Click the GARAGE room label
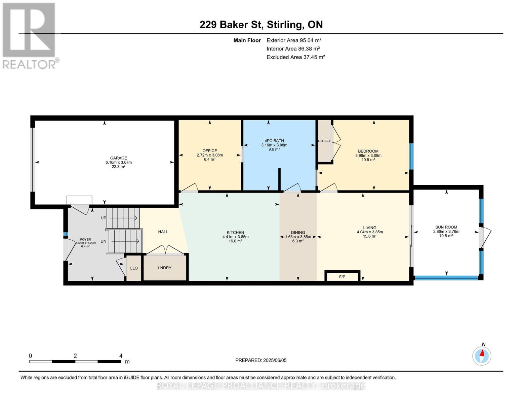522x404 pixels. click(x=118, y=158)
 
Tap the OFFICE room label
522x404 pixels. click(x=210, y=150)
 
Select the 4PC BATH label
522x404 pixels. click(x=274, y=140)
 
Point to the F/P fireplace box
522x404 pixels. click(x=342, y=276)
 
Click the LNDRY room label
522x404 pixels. click(x=165, y=268)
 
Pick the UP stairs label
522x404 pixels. click(x=103, y=218)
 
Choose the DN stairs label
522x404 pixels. click(x=103, y=241)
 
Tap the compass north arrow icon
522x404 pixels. click(x=482, y=356)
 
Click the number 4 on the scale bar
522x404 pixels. click(x=121, y=356)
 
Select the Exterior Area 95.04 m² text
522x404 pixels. click(x=294, y=40)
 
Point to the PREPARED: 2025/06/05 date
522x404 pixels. click(x=261, y=360)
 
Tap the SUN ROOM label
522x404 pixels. click(x=446, y=227)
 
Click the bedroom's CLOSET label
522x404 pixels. click(x=324, y=141)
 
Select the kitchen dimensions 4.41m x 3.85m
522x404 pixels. click(x=235, y=237)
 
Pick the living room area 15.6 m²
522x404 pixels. click(x=370, y=236)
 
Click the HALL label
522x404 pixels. click(x=163, y=232)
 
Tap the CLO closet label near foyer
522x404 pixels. click(x=133, y=268)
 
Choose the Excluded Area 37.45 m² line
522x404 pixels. click(x=296, y=57)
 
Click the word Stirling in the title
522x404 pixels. click(x=284, y=25)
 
